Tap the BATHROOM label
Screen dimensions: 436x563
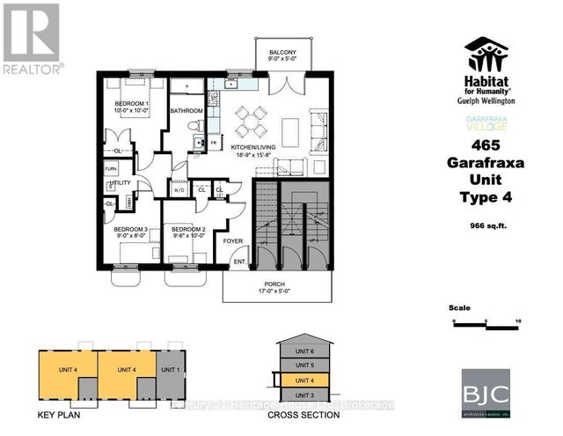186,110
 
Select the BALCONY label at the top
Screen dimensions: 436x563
282,52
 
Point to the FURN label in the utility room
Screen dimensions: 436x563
111,168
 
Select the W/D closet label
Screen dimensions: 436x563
179,190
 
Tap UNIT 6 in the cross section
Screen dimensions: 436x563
305,351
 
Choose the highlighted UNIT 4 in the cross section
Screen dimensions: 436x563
305,380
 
